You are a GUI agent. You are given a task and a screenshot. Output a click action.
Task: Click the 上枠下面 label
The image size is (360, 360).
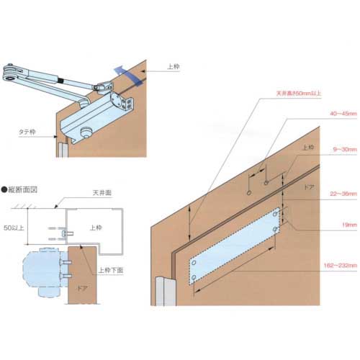click(110, 271)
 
